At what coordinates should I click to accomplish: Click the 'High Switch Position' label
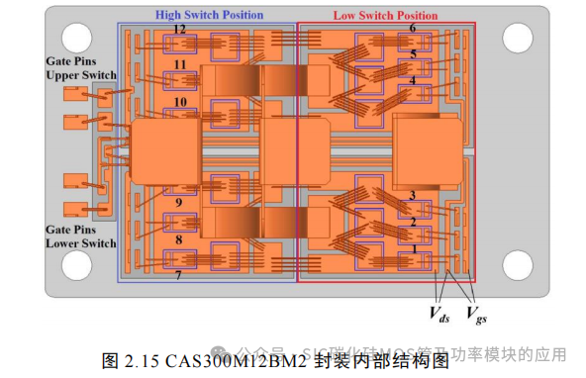point(209,15)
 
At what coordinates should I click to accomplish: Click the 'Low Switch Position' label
point(386,15)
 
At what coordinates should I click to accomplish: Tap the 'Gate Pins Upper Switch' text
point(80,68)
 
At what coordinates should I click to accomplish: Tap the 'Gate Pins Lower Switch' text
point(80,236)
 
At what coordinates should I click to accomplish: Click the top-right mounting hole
point(518,37)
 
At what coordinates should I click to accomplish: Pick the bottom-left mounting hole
point(78,264)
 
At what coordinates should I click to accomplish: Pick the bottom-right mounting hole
point(518,264)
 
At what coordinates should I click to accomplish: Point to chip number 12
point(179,30)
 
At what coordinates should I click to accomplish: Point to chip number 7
point(179,275)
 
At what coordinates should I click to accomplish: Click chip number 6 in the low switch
point(413,29)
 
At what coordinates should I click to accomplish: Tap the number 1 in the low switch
point(413,249)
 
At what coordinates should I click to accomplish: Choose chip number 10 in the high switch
point(179,102)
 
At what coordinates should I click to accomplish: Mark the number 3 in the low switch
point(413,196)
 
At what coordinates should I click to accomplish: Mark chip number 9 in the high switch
point(179,203)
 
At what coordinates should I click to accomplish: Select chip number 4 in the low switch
point(413,80)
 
